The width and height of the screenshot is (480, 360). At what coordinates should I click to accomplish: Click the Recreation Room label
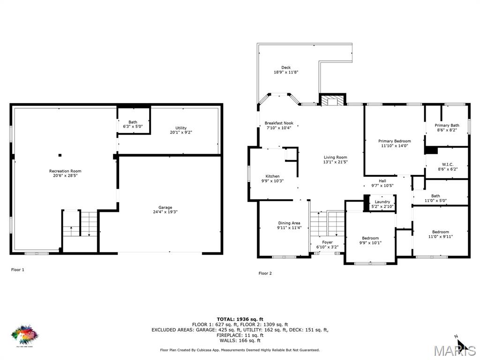(65, 171)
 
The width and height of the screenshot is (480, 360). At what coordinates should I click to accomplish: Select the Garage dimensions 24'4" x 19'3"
(165, 212)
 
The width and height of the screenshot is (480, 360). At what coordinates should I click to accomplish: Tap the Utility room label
(181, 128)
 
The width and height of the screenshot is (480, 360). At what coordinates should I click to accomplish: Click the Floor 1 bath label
(133, 122)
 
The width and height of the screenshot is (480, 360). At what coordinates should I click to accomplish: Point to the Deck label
(286, 67)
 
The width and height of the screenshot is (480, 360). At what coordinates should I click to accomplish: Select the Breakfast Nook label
(279, 123)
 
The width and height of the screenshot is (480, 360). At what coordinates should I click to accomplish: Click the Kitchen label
(272, 176)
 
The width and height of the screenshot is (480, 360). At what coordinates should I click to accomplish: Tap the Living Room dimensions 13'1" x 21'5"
(336, 162)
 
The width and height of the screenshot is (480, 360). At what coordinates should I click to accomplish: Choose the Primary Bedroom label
(395, 141)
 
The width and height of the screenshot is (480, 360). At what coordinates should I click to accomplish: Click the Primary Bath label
(447, 126)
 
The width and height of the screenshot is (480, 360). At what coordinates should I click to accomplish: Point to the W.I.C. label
(447, 165)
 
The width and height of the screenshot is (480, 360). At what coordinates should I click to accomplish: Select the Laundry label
(382, 202)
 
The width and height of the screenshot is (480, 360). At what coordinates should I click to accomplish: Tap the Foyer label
(327, 242)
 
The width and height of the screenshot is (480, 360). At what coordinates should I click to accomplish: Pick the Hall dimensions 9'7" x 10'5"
(382, 186)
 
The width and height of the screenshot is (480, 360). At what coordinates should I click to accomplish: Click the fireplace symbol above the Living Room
(332, 99)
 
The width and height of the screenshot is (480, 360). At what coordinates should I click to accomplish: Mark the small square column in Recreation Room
(60, 155)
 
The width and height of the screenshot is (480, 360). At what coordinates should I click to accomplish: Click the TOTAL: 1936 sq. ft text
(240, 319)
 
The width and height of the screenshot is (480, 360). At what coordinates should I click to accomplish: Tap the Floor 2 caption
(265, 273)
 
